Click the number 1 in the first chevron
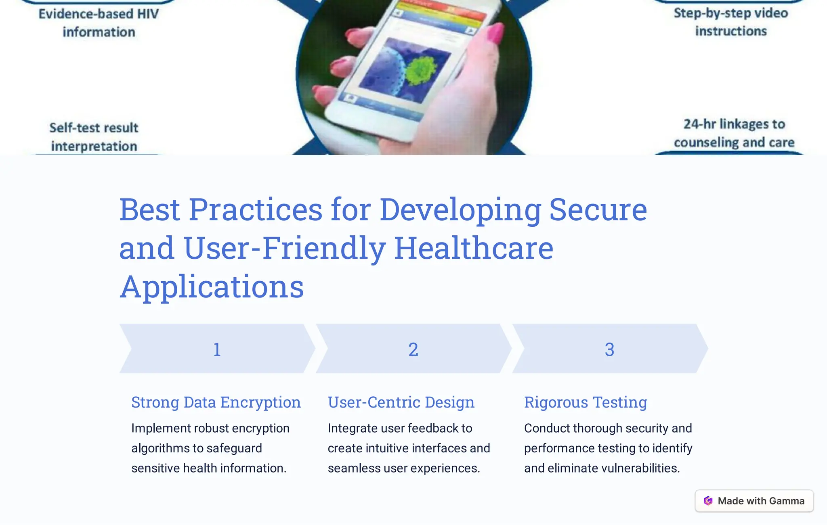[217, 349]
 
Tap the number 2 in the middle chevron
[413, 349]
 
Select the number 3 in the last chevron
[609, 349]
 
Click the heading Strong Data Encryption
[216, 402]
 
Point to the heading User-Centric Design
[401, 402]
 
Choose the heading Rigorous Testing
[586, 402]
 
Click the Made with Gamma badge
[754, 501]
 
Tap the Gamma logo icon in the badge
[708, 501]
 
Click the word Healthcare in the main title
[474, 248]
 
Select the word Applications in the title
[212, 287]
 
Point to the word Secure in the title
[598, 209]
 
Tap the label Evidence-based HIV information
[99, 23]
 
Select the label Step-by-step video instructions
[731, 22]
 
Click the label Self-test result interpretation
[94, 137]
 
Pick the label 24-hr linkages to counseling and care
[734, 133]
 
